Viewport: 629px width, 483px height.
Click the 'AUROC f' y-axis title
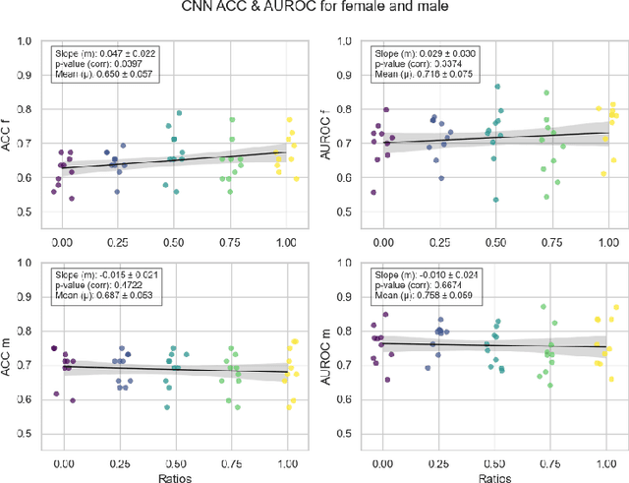tap(327, 130)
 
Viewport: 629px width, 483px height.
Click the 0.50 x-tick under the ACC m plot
tap(175, 457)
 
